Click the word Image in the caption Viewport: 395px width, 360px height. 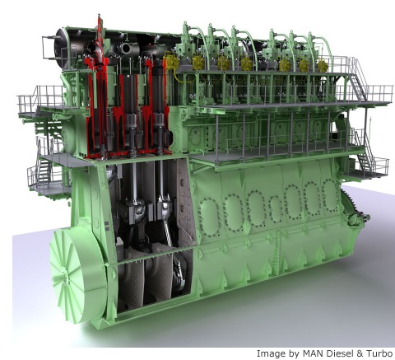coord(269,353)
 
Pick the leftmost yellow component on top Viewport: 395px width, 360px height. coord(172,62)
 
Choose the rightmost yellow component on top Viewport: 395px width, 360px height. coord(323,66)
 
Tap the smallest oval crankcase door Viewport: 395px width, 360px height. coord(275,209)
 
